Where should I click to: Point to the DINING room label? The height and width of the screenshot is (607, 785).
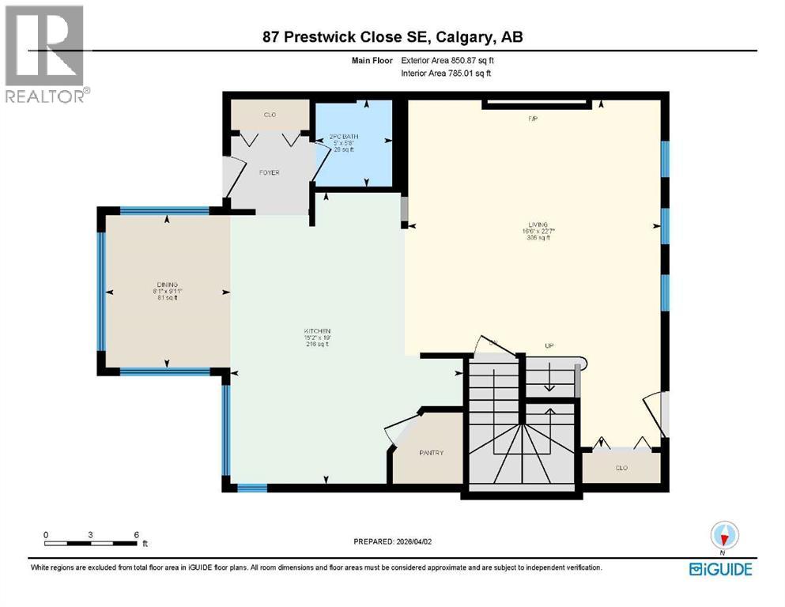click(x=166, y=285)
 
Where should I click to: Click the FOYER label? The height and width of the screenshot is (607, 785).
click(x=270, y=172)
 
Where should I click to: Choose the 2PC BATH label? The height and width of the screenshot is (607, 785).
click(x=344, y=137)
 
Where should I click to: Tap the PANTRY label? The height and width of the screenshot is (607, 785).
click(x=431, y=453)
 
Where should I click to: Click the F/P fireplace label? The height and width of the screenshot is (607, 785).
click(x=533, y=119)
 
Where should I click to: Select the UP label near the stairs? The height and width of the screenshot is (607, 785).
click(x=549, y=346)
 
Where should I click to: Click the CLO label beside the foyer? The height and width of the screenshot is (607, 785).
click(x=270, y=115)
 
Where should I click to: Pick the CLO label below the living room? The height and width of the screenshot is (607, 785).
click(x=621, y=468)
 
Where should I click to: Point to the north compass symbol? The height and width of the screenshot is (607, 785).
click(x=723, y=536)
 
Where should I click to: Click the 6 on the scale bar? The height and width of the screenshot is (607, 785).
click(x=137, y=533)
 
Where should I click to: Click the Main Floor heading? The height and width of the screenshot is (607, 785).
click(x=372, y=60)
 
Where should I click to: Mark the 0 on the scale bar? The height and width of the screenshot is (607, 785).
click(x=46, y=533)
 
